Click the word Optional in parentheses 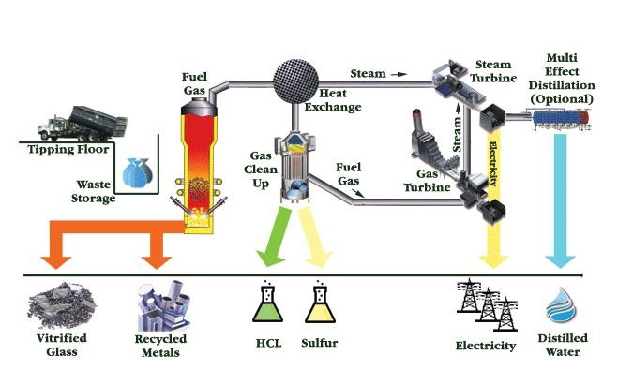(x=562, y=98)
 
